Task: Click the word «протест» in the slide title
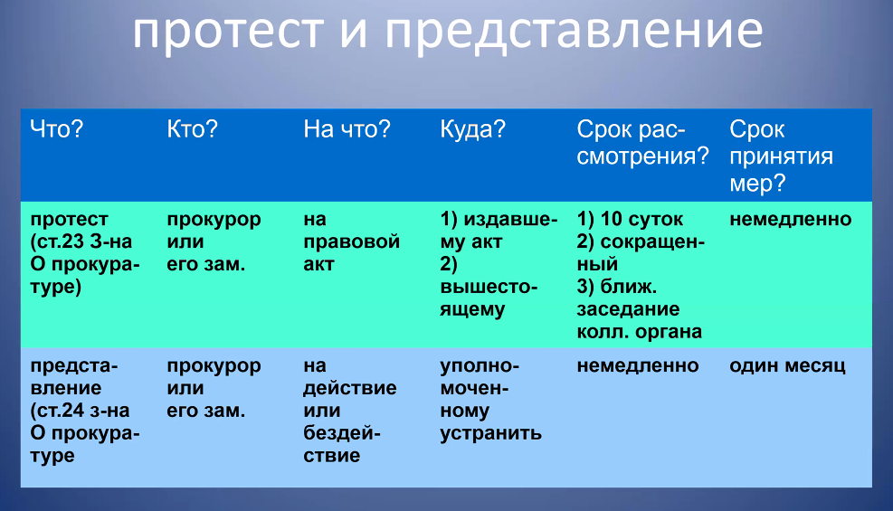228,32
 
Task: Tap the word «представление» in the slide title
574,32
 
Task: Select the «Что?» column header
56,129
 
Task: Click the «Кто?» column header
192,129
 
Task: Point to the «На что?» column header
347,129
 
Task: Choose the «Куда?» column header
472,129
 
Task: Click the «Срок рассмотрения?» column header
642,143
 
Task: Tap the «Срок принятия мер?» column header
782,156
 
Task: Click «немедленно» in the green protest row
791,219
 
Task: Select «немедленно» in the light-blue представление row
637,365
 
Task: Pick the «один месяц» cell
787,365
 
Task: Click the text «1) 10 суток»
630,219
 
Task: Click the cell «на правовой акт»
351,241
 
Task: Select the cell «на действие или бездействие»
349,411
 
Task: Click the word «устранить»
490,433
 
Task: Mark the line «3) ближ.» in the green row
617,286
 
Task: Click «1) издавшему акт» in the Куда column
499,231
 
